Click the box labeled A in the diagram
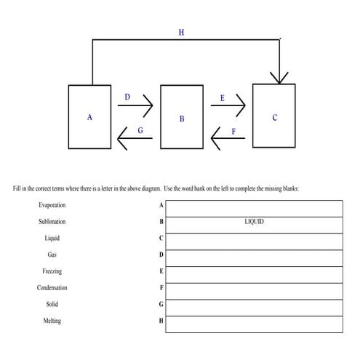[89, 116]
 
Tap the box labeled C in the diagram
[273, 116]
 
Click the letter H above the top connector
[181, 32]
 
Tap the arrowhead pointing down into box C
[279, 76]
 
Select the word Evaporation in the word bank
[52, 205]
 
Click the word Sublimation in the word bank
[52, 222]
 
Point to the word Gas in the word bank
[52, 255]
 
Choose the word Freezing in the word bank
[52, 271]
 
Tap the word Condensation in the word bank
[52, 288]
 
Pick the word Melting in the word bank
[52, 321]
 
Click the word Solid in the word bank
[52, 304]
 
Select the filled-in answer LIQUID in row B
[254, 222]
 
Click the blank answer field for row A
[254, 206]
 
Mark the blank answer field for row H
[254, 322]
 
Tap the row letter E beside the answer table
[161, 272]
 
